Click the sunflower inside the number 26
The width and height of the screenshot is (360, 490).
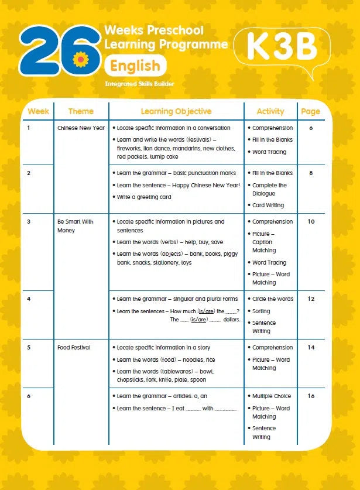(80, 59)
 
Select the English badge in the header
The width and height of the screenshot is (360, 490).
(135, 66)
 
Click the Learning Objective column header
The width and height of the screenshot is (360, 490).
(176, 111)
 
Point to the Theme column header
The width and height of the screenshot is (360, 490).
(81, 111)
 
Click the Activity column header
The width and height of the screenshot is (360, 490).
(270, 111)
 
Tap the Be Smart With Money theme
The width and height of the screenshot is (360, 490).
(75, 226)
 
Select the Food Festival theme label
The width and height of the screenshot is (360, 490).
(74, 348)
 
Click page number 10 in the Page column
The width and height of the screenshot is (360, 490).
(311, 222)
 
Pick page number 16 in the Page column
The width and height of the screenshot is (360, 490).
(311, 396)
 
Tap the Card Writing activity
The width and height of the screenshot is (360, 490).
(268, 205)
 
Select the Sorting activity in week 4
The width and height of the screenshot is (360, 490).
(261, 311)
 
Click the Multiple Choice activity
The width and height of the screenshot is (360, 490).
(272, 396)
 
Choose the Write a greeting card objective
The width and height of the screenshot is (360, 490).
(144, 197)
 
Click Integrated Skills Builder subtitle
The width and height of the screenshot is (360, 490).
(139, 84)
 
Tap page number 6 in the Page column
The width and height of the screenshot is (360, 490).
(311, 128)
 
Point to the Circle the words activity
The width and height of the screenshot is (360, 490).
(273, 299)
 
